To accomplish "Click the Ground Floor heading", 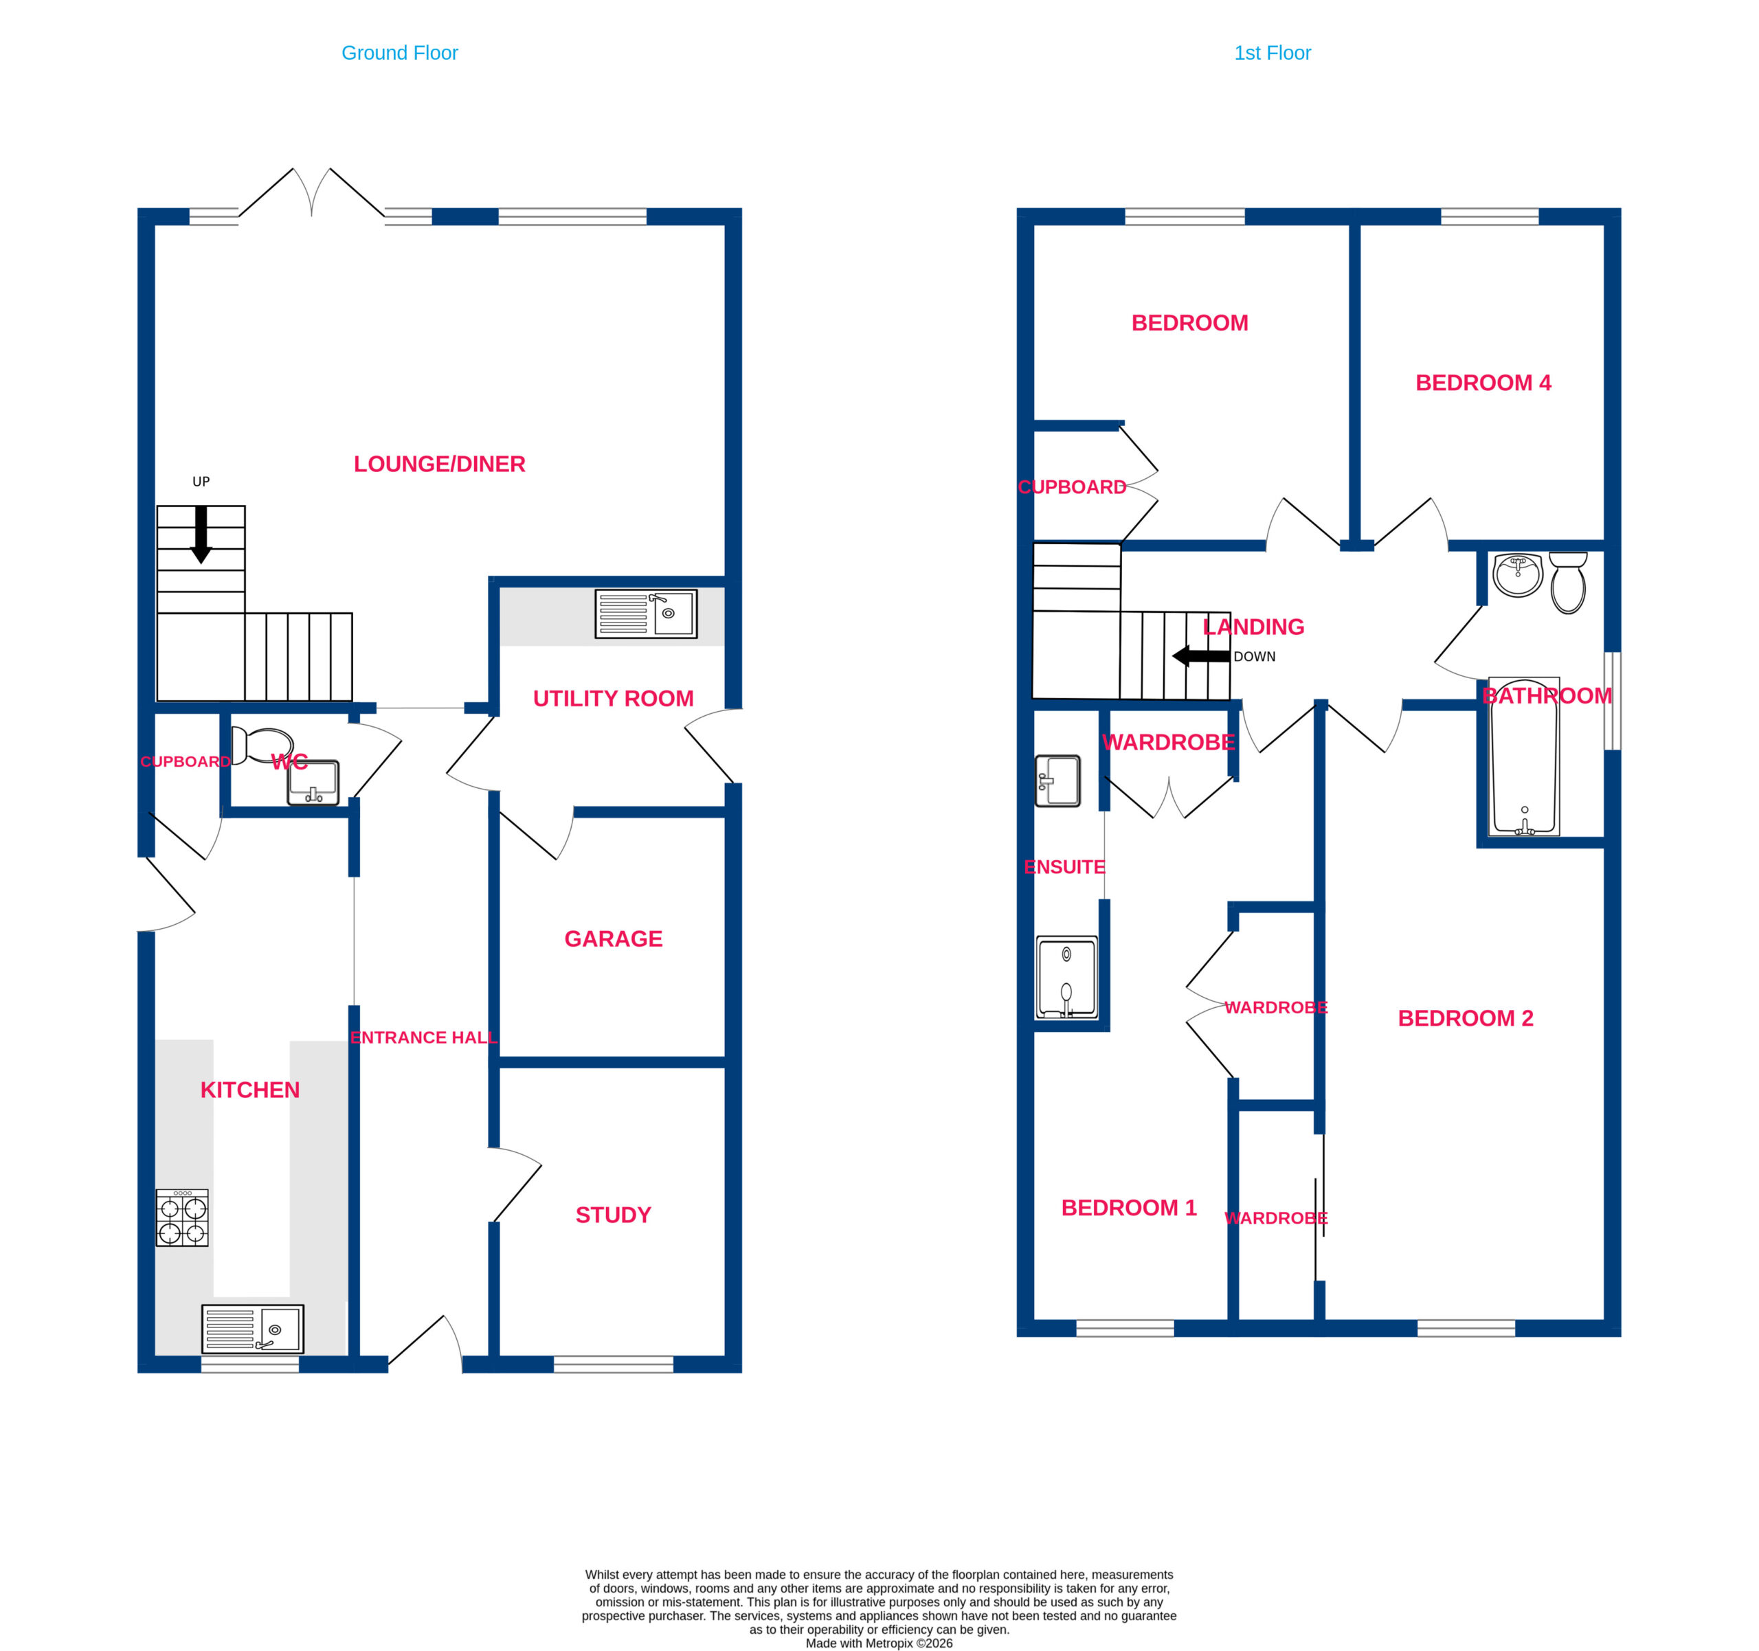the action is coord(399,53).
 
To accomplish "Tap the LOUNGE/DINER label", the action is coord(439,464).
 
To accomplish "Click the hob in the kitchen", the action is coord(182,1217).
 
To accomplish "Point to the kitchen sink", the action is coord(252,1329).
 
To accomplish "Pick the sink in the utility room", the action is coord(646,613).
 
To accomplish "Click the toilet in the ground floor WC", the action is coord(262,745).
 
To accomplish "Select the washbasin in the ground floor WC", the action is coord(313,782).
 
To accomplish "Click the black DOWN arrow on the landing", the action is coord(1200,655).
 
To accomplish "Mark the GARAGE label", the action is coord(613,938).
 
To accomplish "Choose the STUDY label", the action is coord(613,1214).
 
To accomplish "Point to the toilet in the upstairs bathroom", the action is coord(1568,582).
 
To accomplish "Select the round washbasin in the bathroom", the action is coord(1517,575).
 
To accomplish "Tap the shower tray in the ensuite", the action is coord(1066,978).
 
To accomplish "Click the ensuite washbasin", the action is coord(1058,780).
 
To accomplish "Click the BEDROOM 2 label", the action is coord(1465,1018).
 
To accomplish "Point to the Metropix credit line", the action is coord(879,1643).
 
